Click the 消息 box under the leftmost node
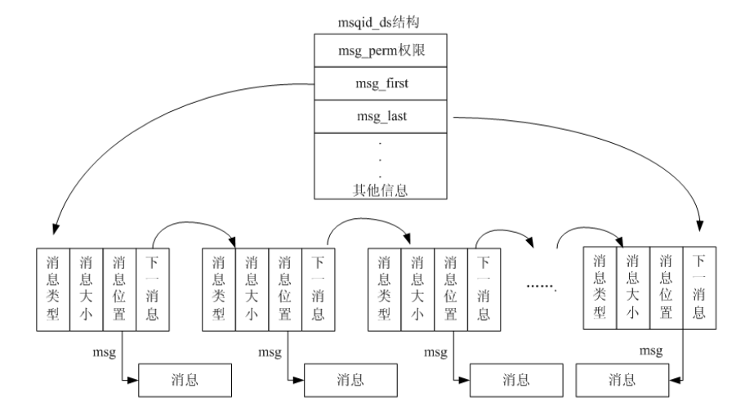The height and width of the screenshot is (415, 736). [x=184, y=380]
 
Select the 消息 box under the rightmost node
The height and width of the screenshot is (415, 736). [x=621, y=380]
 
